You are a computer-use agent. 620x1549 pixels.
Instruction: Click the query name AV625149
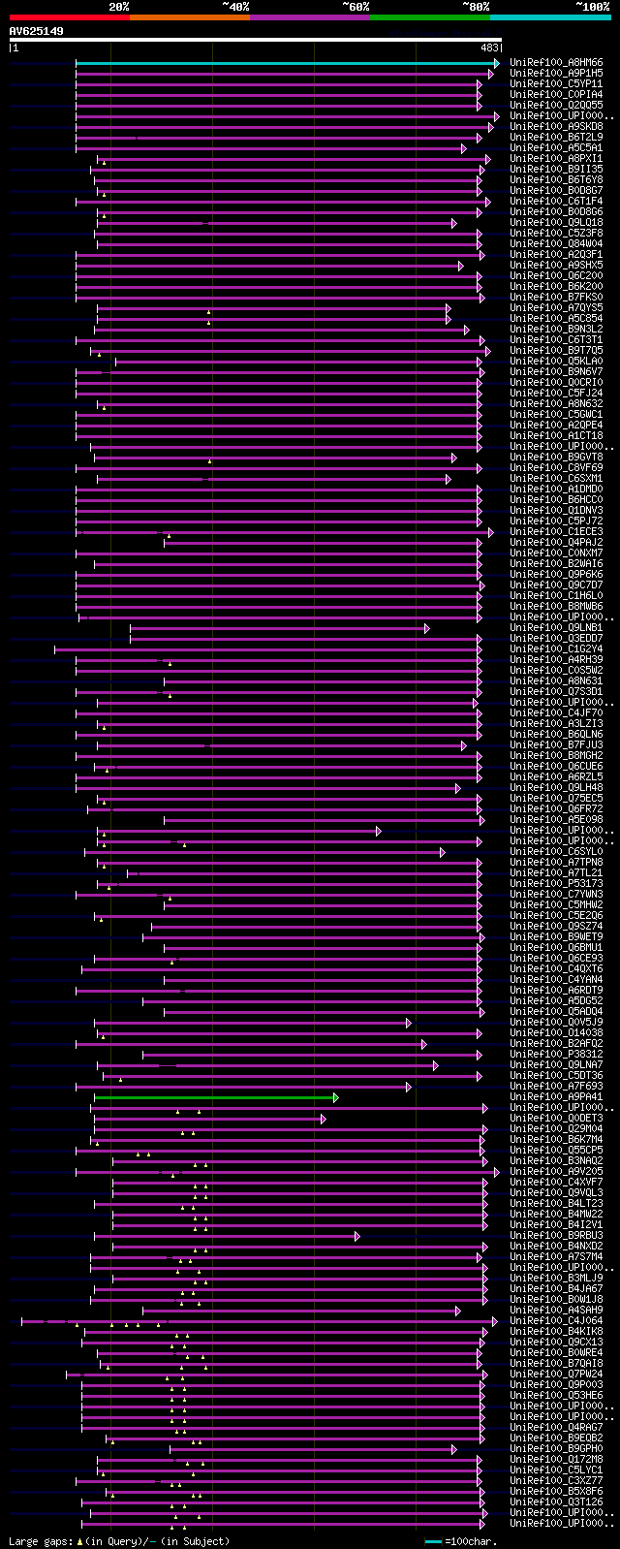click(x=37, y=31)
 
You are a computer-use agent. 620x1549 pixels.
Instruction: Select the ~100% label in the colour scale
click(x=592, y=6)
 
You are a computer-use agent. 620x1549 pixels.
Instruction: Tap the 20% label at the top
click(x=119, y=6)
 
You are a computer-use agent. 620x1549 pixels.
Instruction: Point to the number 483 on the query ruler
click(x=489, y=47)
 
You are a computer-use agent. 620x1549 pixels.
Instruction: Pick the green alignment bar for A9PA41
click(x=213, y=1097)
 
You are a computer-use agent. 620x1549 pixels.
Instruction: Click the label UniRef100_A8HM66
click(x=556, y=63)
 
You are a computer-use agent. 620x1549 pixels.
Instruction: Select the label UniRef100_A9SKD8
click(x=556, y=127)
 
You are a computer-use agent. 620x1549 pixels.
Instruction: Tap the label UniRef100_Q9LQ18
click(x=556, y=223)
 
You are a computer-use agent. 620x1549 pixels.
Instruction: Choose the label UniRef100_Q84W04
click(x=556, y=244)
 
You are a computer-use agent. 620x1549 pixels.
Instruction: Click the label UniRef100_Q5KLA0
click(x=556, y=362)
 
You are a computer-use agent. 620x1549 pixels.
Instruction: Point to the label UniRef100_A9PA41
click(x=556, y=1097)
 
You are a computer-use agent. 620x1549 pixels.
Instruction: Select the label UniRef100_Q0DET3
click(x=556, y=1119)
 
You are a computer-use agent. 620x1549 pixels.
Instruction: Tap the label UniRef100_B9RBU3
click(x=556, y=1236)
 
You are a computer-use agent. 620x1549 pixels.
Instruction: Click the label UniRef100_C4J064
click(x=556, y=1321)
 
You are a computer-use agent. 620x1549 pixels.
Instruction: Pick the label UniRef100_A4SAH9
click(x=556, y=1311)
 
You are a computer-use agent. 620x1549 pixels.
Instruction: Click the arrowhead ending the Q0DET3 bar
click(x=323, y=1119)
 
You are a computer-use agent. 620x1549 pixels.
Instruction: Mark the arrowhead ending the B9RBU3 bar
click(x=356, y=1236)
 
